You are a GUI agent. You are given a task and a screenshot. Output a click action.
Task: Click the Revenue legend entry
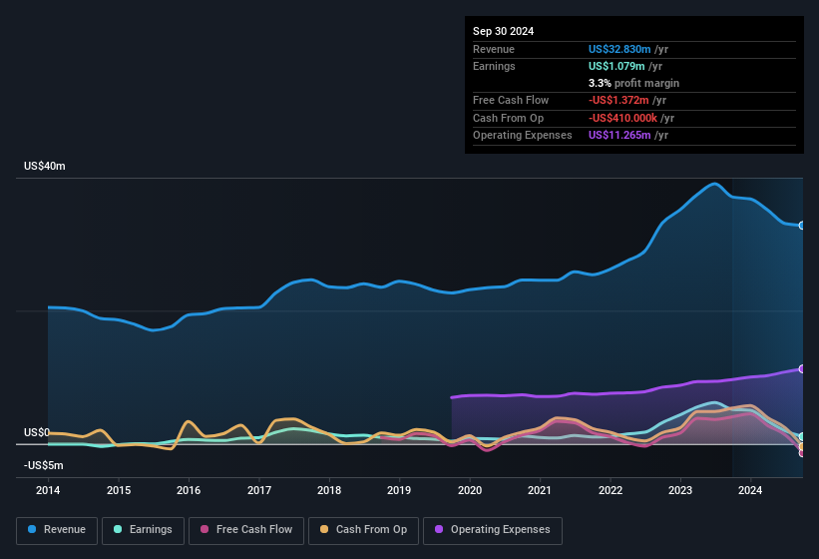pos(57,529)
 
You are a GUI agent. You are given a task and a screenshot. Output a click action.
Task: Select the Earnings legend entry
pos(143,529)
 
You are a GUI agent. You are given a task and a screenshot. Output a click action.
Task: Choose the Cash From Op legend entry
pos(364,529)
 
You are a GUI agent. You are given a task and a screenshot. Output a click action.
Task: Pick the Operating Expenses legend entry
pos(493,529)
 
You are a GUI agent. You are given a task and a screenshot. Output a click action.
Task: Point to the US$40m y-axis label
pos(45,167)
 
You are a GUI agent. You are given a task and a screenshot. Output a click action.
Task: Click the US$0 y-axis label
pos(37,432)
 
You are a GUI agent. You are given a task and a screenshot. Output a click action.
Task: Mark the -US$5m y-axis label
pos(43,465)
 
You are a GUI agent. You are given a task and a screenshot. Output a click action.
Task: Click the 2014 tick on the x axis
pos(48,490)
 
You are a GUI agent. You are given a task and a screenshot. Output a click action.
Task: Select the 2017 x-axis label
pos(259,490)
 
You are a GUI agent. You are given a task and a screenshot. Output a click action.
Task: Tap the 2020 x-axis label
pos(470,490)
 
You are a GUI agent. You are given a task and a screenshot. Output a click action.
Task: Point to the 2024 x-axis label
pos(750,490)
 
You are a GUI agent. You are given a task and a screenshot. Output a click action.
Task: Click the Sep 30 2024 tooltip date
pos(503,31)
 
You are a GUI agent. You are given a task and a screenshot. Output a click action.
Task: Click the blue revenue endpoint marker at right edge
pos(802,226)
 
